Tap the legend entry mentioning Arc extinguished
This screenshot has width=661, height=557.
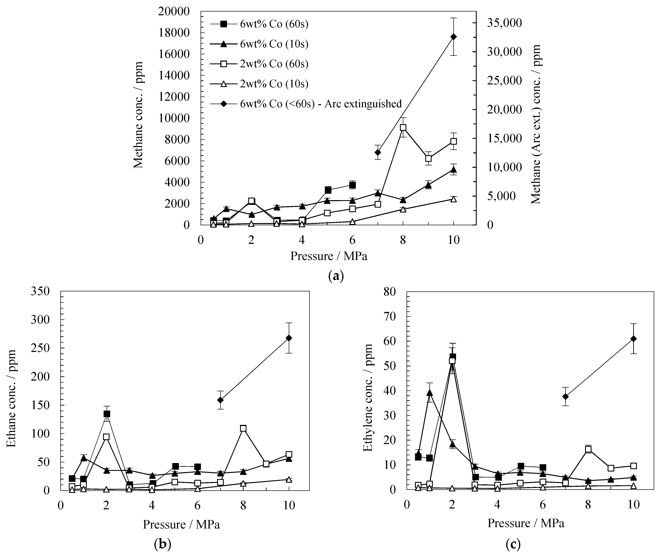click(320, 104)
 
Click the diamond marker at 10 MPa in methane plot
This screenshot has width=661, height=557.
click(453, 37)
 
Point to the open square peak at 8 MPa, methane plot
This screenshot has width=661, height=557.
click(403, 128)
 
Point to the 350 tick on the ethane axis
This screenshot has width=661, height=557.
click(40, 291)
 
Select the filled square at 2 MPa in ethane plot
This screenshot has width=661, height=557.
click(107, 414)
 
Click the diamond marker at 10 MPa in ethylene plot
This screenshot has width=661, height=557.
click(633, 339)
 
